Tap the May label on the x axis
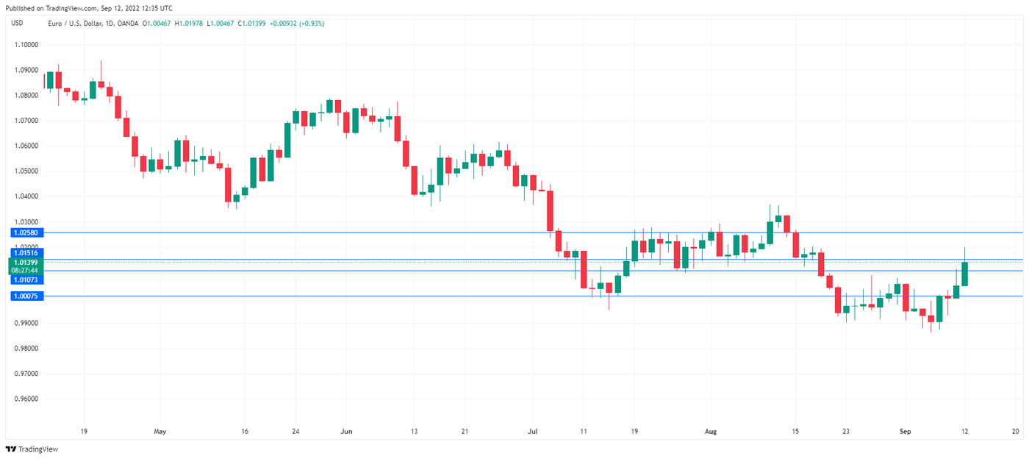[160, 432]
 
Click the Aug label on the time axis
[711, 432]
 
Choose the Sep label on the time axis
[906, 432]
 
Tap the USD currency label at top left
[16, 23]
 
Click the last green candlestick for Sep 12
[964, 274]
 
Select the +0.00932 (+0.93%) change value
[297, 24]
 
